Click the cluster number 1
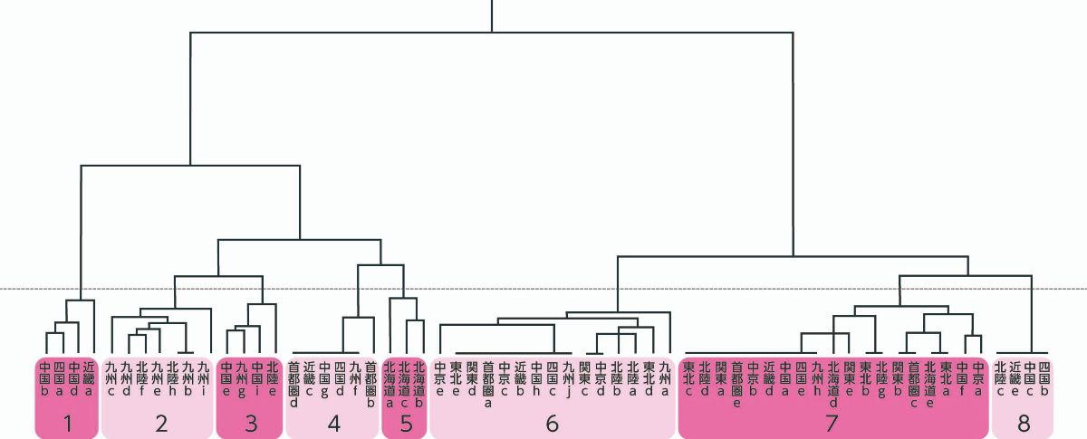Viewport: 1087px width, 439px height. click(65, 423)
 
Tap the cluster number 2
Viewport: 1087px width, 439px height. click(161, 423)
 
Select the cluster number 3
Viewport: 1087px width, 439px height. click(251, 423)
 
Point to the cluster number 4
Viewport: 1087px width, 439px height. click(333, 423)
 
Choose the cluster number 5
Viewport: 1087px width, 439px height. click(405, 423)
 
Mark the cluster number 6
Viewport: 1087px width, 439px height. click(552, 423)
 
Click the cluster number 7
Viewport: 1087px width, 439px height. click(832, 423)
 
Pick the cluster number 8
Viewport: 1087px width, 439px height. click(1024, 423)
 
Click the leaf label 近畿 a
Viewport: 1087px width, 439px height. click(89, 379)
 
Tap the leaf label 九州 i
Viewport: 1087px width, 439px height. click(203, 379)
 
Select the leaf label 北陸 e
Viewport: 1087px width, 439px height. click(273, 379)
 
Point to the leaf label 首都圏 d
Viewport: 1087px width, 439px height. click(293, 384)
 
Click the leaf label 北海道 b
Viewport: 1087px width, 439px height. click(418, 384)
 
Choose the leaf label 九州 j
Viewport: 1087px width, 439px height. click(568, 379)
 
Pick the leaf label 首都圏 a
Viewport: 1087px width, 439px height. click(488, 384)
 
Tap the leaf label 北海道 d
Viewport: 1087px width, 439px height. click(833, 384)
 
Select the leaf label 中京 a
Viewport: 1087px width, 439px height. click(977, 379)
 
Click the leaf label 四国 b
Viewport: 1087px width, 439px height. click(1044, 379)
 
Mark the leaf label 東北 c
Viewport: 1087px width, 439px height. click(688, 379)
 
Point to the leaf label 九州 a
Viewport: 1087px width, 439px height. click(666, 379)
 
